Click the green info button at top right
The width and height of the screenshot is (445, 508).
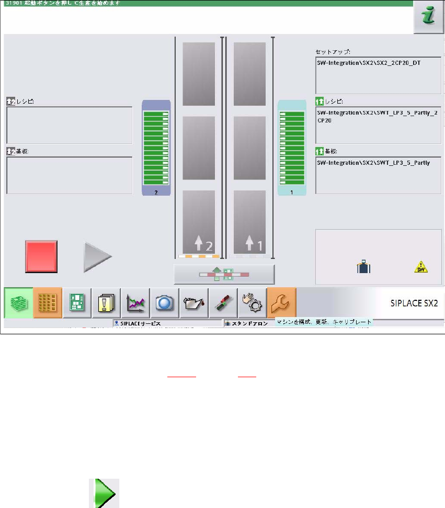point(428,16)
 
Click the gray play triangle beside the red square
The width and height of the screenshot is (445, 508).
point(98,256)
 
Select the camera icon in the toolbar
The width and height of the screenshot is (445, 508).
point(165,303)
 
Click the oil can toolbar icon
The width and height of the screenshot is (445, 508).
point(194,303)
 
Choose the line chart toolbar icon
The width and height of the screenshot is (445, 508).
point(136,303)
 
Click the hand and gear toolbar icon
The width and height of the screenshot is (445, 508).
point(252,303)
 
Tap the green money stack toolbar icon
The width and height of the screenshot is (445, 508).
point(18,303)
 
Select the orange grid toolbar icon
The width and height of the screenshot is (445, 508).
point(48,303)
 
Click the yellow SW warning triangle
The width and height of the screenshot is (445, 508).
point(420,268)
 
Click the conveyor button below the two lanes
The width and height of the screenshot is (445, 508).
point(224,274)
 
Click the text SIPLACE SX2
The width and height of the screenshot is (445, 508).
point(413,303)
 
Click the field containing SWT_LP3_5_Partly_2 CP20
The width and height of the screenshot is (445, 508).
point(378,125)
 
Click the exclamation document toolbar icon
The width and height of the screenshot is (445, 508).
point(107,303)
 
